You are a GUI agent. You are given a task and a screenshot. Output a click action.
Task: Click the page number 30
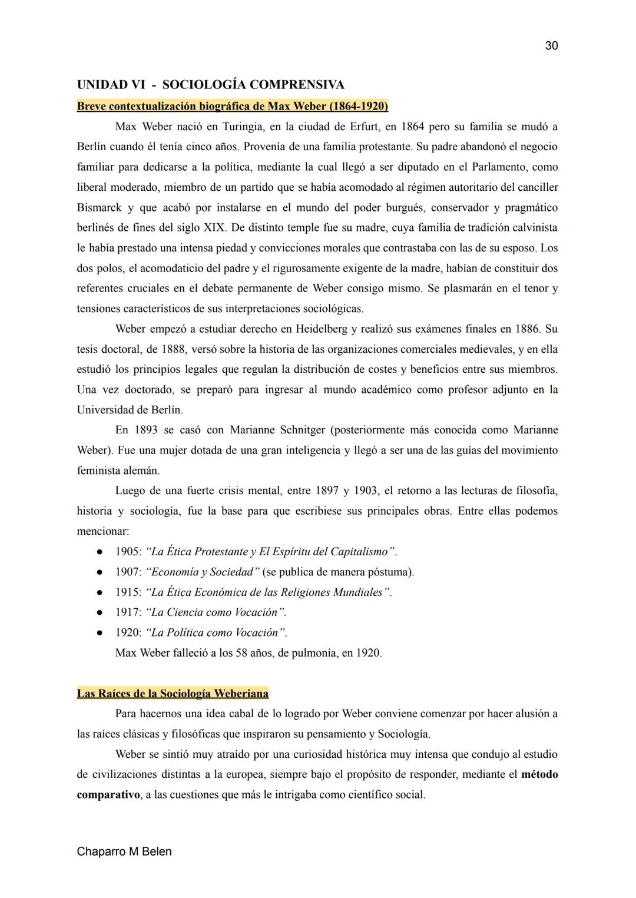(x=551, y=46)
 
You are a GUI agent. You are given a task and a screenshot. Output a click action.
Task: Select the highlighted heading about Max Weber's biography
(x=232, y=106)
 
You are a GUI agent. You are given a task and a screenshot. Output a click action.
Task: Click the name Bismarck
(x=99, y=208)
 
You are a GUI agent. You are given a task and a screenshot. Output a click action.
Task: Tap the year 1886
(x=527, y=329)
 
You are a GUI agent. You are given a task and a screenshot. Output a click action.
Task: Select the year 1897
(x=327, y=491)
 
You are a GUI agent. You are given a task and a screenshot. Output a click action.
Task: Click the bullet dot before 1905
(x=100, y=552)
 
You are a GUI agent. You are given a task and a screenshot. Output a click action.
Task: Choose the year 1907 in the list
(x=128, y=572)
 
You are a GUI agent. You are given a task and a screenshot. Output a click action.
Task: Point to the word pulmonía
(x=316, y=653)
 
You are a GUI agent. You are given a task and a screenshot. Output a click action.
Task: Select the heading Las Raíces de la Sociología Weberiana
(x=173, y=693)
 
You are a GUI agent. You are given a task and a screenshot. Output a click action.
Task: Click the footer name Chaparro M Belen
(x=124, y=851)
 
